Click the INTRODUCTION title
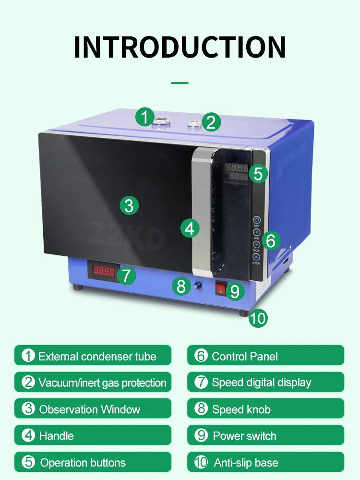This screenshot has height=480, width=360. tap(180, 47)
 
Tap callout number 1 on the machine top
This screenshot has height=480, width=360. tap(144, 117)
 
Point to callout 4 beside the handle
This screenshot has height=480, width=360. tap(190, 228)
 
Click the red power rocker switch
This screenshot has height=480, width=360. tap(220, 288)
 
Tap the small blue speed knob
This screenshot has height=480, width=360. tap(196, 286)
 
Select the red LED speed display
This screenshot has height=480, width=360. tap(104, 272)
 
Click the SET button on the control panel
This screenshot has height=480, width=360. tap(257, 220)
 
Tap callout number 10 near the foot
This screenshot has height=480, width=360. tap(258, 319)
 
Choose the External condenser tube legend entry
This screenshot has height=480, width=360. tap(93, 356)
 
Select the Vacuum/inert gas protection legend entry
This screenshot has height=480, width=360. tap(93, 383)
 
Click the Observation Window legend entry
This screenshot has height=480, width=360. tap(93, 409)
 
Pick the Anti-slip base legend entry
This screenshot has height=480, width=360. tap(265, 463)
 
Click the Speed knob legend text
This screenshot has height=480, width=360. tap(241, 409)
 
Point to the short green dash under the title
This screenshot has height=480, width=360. tap(180, 83)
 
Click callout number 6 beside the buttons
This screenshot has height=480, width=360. tap(271, 240)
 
